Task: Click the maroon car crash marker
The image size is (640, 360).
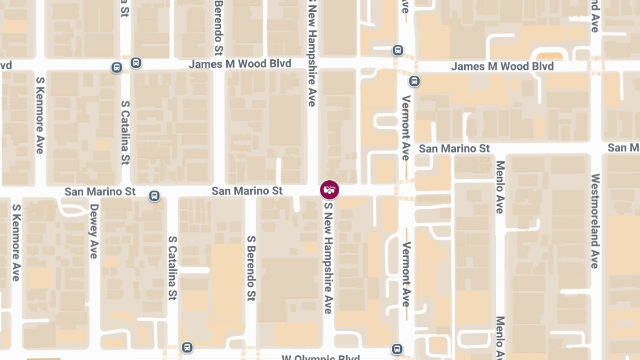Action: click(329, 190)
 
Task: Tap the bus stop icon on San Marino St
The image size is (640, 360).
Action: click(154, 196)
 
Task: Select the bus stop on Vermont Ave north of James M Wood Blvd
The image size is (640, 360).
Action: click(397, 50)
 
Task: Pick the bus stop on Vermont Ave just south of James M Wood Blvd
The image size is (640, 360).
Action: click(414, 81)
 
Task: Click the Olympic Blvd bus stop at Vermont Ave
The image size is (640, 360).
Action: click(397, 349)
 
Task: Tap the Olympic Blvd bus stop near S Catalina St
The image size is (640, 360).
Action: click(187, 347)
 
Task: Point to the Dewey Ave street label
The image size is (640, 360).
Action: click(94, 231)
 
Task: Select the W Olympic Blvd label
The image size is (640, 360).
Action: click(321, 357)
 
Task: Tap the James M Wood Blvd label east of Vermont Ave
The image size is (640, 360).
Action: click(502, 67)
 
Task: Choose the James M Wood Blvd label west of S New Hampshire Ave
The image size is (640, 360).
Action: click(240, 64)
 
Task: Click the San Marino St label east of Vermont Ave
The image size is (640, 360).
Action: click(454, 148)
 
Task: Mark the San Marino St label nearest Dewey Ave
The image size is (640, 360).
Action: click(99, 191)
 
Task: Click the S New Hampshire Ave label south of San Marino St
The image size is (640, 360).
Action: click(328, 258)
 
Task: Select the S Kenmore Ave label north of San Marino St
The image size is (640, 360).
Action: click(39, 115)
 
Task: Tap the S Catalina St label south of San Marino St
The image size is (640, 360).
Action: click(172, 268)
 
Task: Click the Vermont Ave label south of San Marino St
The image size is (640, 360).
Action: click(406, 274)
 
